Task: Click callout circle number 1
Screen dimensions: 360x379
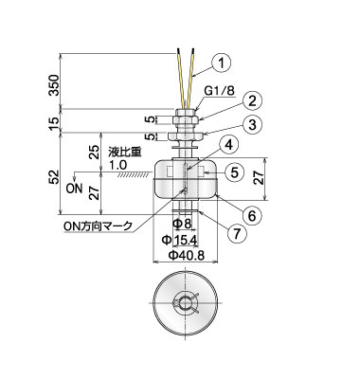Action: (222, 63)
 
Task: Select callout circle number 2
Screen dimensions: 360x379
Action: (252, 101)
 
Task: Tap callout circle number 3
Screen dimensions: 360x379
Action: (252, 125)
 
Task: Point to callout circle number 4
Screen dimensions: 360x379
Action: (229, 145)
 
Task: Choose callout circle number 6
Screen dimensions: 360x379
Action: (251, 215)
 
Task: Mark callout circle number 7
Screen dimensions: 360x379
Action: (237, 233)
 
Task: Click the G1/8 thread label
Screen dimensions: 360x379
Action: (219, 91)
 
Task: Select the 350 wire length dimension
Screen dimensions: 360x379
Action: (54, 85)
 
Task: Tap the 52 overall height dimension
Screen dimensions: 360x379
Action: (54, 177)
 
